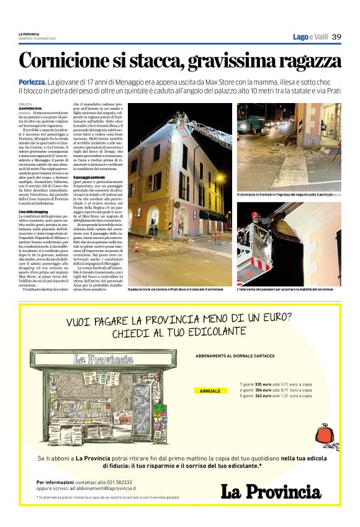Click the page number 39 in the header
[x=337, y=37]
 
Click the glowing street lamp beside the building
[x=218, y=177]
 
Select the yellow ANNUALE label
[x=209, y=391]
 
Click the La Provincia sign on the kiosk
[x=102, y=359]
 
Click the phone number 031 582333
[x=118, y=482]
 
